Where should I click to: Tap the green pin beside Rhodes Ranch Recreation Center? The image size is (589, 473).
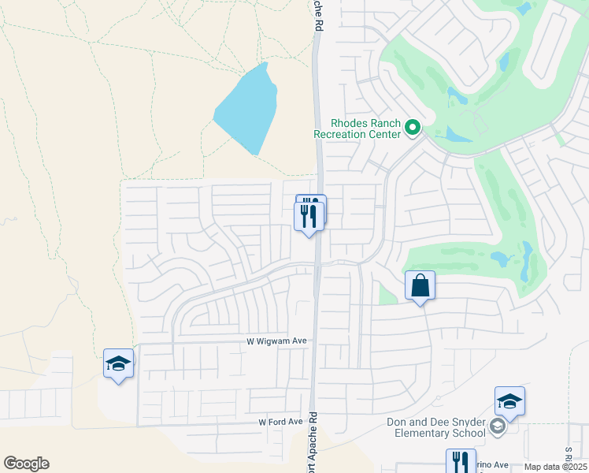point(412,127)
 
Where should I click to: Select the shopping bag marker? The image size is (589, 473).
point(420,285)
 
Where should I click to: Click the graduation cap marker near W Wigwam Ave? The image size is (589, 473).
point(118,363)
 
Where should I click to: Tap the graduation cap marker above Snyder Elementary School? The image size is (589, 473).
point(509,401)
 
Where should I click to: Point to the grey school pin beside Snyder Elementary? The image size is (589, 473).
point(497,426)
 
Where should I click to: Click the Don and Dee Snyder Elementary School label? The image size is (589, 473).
point(435,426)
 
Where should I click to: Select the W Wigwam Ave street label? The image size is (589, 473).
point(270,341)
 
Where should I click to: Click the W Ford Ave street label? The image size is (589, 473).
point(281,423)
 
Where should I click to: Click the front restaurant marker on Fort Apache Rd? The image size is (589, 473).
point(309,215)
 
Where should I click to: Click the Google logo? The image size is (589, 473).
point(26,464)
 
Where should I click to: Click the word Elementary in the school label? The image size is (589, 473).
point(436,432)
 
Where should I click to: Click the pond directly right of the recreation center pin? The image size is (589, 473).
point(458,133)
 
